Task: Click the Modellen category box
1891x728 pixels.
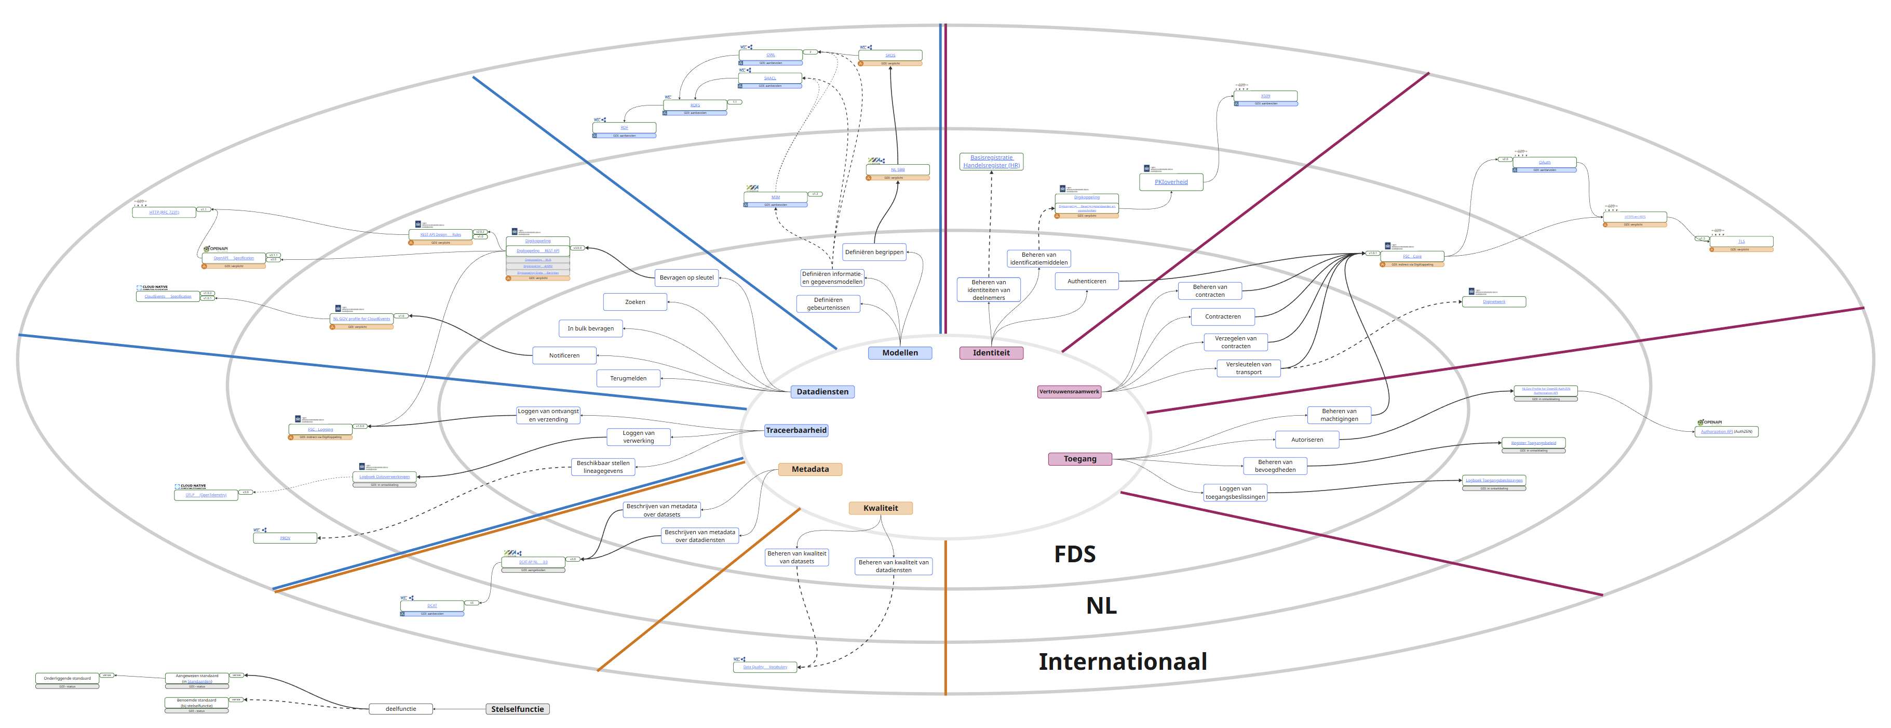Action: click(x=899, y=353)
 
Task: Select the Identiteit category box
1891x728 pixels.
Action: click(x=991, y=353)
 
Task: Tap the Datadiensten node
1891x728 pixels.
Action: click(x=822, y=392)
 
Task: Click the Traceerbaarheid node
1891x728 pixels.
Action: click(x=796, y=430)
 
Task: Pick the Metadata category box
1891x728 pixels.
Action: click(x=809, y=469)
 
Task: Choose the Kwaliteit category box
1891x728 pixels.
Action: click(x=880, y=508)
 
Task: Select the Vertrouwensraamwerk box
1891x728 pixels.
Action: click(x=1069, y=392)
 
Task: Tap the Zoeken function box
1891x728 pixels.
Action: click(x=635, y=302)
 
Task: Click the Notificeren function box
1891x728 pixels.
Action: click(x=564, y=355)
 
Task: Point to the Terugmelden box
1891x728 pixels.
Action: click(x=628, y=378)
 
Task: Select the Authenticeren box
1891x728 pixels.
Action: click(x=1086, y=281)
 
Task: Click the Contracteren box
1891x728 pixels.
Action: click(x=1222, y=316)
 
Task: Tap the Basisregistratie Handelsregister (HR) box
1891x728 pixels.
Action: click(x=991, y=162)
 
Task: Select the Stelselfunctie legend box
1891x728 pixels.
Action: click(x=518, y=709)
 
